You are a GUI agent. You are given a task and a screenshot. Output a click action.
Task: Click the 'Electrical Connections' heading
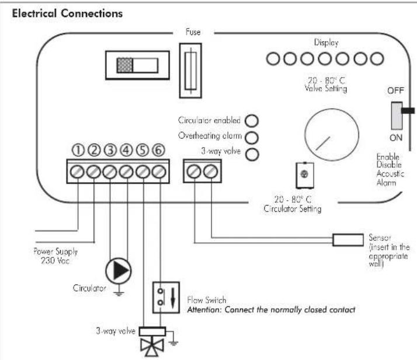point(67,13)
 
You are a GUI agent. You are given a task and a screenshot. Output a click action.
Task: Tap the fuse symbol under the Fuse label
point(190,71)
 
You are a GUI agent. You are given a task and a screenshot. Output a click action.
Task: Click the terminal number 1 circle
point(78,150)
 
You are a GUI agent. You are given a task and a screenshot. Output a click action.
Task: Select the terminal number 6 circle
point(158,150)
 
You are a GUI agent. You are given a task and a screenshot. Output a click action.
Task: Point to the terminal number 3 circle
point(110,150)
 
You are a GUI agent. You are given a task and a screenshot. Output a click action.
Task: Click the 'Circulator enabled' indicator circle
point(252,121)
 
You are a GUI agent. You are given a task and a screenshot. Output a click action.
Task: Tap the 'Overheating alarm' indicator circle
point(252,137)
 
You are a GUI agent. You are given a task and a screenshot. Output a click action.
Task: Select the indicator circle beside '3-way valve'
point(252,155)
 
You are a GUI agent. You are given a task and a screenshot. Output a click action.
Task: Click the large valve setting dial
point(332,135)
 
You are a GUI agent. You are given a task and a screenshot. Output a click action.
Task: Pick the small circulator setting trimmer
point(304,176)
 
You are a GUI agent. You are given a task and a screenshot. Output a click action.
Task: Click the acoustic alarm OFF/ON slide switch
point(397,116)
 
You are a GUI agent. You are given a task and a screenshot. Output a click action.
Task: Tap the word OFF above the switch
point(395,90)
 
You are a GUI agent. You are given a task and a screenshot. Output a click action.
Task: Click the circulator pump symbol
point(119,271)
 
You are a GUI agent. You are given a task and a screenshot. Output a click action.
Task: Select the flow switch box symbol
point(166,298)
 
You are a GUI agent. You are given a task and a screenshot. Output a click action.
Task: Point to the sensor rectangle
point(348,240)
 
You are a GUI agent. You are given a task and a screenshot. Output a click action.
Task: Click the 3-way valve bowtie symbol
point(152,347)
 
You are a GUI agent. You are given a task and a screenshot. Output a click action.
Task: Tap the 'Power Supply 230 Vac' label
point(55,256)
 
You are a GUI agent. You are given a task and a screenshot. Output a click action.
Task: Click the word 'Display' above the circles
point(326,43)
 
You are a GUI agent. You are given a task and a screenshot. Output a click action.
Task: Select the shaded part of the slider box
point(125,65)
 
